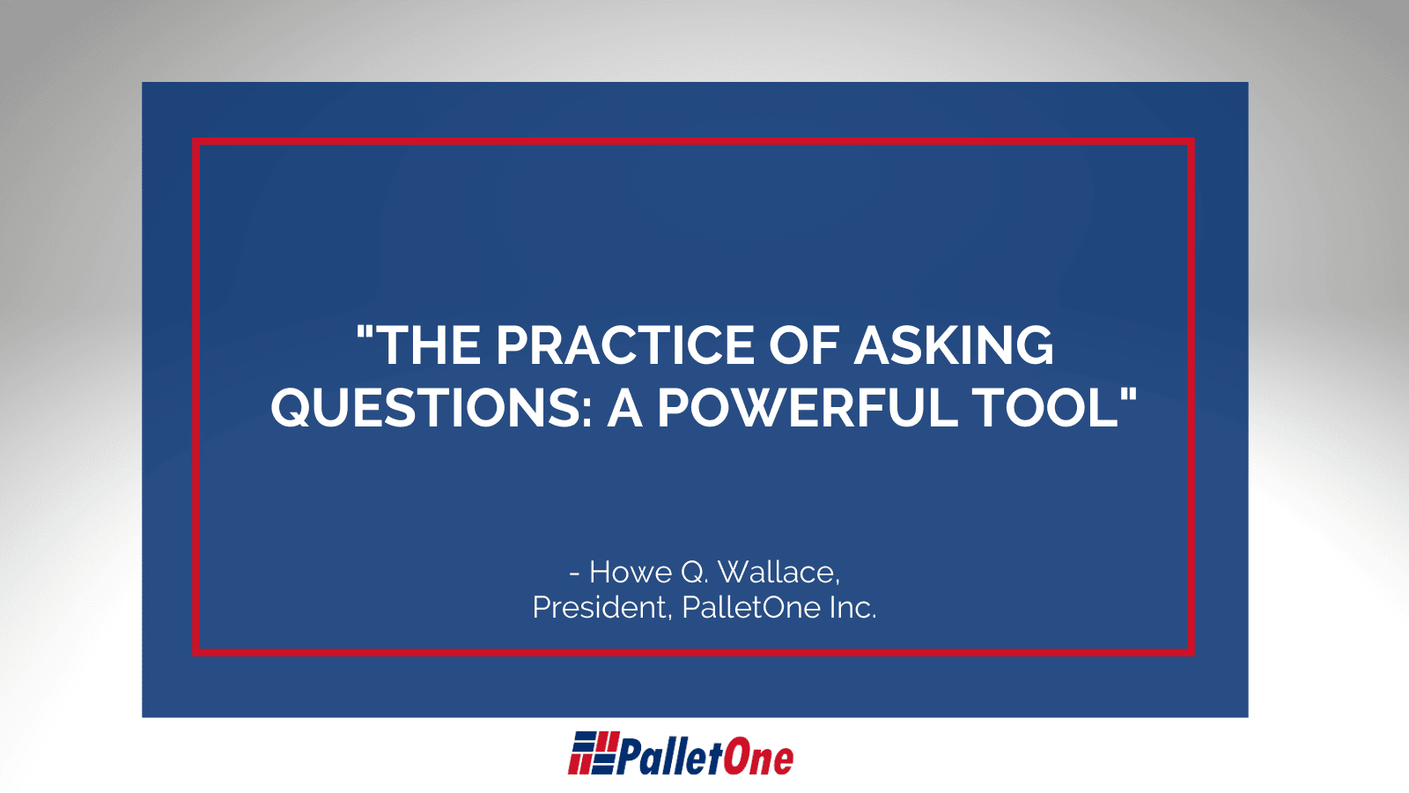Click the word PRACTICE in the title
point(625,345)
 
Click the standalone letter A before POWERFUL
point(624,408)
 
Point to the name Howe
point(631,573)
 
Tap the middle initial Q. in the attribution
point(695,573)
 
